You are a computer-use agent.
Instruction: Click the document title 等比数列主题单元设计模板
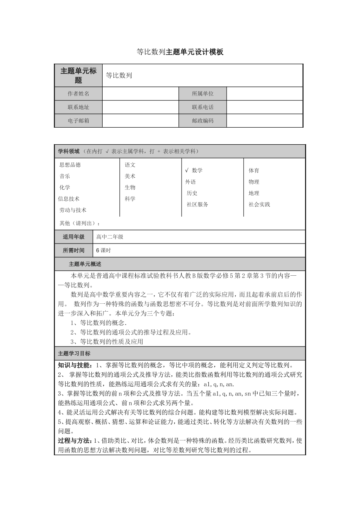(x=180, y=52)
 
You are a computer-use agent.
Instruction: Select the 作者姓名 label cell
(x=78, y=94)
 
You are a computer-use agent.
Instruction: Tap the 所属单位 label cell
(x=203, y=94)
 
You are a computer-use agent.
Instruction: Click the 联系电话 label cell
(x=203, y=107)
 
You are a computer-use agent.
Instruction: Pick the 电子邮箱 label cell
(x=78, y=121)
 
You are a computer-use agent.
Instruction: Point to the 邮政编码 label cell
(x=203, y=121)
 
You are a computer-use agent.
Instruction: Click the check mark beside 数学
(x=187, y=170)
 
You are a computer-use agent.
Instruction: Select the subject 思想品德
(x=70, y=165)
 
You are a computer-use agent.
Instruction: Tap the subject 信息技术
(x=69, y=199)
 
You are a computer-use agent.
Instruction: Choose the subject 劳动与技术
(x=73, y=210)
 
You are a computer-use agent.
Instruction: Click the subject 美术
(x=130, y=176)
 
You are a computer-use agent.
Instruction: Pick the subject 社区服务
(x=197, y=205)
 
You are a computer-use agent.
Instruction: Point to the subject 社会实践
(x=260, y=205)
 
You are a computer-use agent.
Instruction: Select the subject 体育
(x=254, y=170)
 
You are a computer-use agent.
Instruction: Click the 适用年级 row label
(x=74, y=237)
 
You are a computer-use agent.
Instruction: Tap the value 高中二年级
(x=110, y=237)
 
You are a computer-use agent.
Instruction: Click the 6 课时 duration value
(x=103, y=250)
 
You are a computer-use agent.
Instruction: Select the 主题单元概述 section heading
(x=85, y=264)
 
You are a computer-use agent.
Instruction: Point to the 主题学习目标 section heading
(x=74, y=353)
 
